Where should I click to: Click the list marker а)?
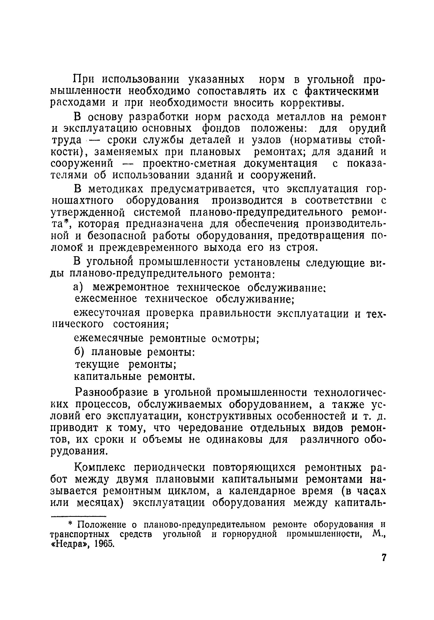click(79, 287)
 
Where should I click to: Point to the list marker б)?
click(79, 352)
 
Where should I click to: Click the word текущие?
click(97, 365)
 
